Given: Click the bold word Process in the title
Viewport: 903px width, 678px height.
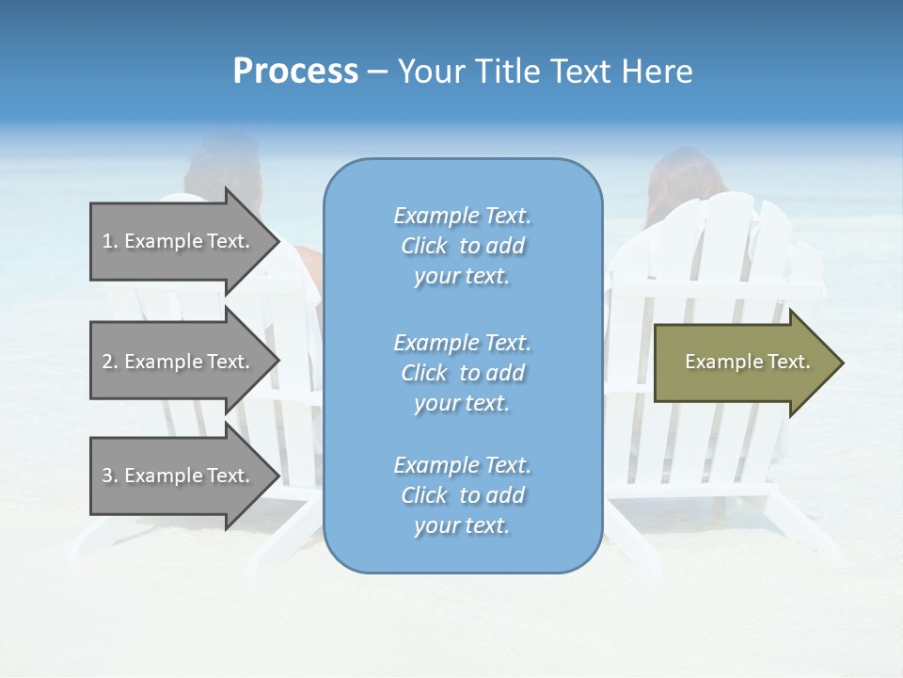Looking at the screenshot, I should pyautogui.click(x=295, y=72).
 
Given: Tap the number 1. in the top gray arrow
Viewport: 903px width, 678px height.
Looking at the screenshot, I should pyautogui.click(x=110, y=241).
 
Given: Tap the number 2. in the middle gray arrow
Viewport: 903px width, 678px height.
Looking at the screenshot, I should pyautogui.click(x=110, y=362).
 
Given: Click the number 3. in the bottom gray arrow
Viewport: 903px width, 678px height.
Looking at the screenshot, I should pyautogui.click(x=110, y=476).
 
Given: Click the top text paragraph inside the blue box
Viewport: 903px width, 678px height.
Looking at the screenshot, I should pyautogui.click(x=462, y=246).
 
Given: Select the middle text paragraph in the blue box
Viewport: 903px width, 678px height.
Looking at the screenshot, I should pyautogui.click(x=462, y=373).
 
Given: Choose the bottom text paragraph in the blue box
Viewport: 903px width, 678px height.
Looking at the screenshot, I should pyautogui.click(x=462, y=495).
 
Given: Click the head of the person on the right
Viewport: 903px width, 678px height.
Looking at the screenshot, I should pyautogui.click(x=684, y=179).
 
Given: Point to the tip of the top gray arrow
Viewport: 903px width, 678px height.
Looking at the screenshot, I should pyautogui.click(x=277, y=241).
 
